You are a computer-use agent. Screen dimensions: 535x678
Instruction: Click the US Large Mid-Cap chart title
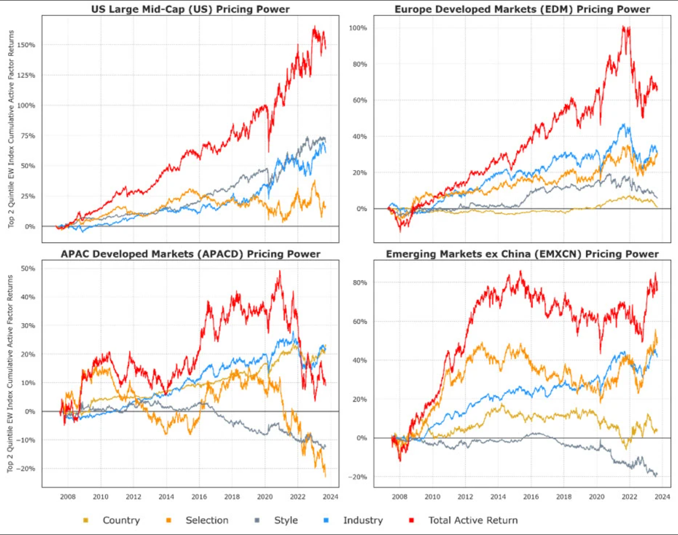pos(190,9)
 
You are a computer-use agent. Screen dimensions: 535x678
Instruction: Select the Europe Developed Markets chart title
pos(522,9)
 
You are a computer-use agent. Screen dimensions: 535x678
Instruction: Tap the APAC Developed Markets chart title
pos(190,254)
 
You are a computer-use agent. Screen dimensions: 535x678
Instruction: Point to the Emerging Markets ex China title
pos(522,254)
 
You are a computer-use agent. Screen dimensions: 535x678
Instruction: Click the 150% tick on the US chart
pos(26,45)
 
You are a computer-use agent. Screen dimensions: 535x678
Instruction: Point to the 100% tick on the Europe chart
pos(358,28)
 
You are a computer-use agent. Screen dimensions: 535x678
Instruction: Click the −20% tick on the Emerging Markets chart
pos(357,477)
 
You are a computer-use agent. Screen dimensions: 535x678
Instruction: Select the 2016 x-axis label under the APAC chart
pos(199,497)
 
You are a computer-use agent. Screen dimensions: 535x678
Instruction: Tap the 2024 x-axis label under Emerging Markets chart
pos(662,497)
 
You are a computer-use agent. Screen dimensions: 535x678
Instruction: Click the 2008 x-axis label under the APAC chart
pos(68,497)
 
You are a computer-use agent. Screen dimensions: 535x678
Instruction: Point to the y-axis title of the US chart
pos(11,129)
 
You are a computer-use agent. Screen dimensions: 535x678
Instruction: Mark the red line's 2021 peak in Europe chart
pos(624,27)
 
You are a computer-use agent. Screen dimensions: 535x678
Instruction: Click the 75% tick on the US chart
pos(28,136)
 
